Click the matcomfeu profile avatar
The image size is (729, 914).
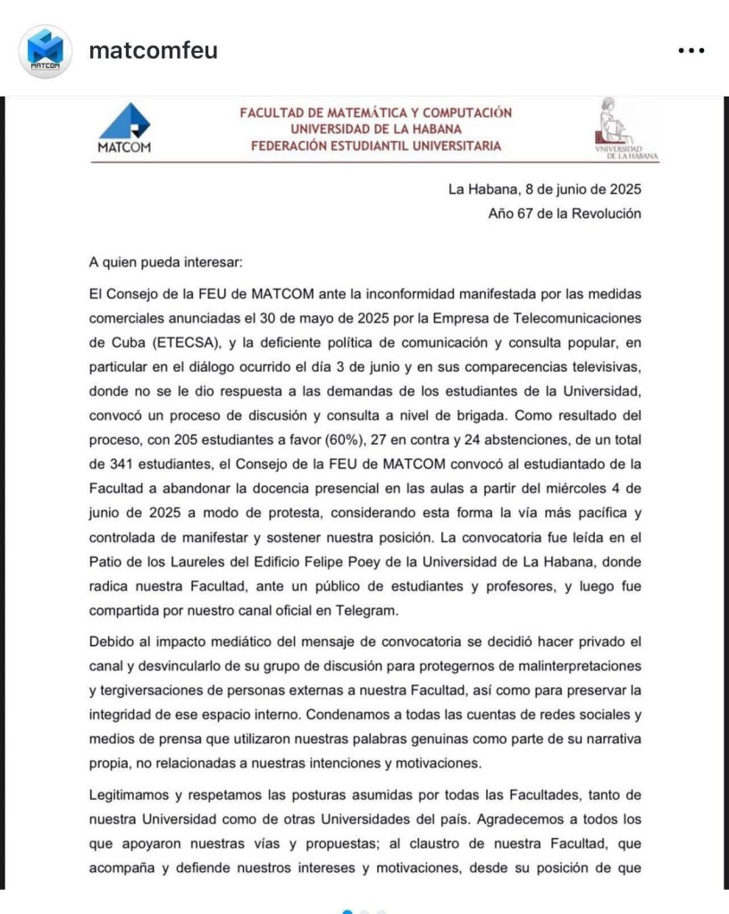pyautogui.click(x=46, y=51)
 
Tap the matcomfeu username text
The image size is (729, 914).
pyautogui.click(x=153, y=51)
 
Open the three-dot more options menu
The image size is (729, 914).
pyautogui.click(x=691, y=51)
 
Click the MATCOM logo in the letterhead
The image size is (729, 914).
pyautogui.click(x=124, y=129)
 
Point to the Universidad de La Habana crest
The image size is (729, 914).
pyautogui.click(x=624, y=129)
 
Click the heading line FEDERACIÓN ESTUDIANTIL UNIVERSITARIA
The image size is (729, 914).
pyautogui.click(x=376, y=147)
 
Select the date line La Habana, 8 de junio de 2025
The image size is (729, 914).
pyautogui.click(x=545, y=189)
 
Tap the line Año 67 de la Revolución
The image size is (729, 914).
pyautogui.click(x=565, y=214)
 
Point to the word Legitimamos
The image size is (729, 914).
pyautogui.click(x=134, y=792)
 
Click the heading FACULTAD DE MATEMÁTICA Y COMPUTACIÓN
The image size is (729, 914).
pyautogui.click(x=376, y=113)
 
